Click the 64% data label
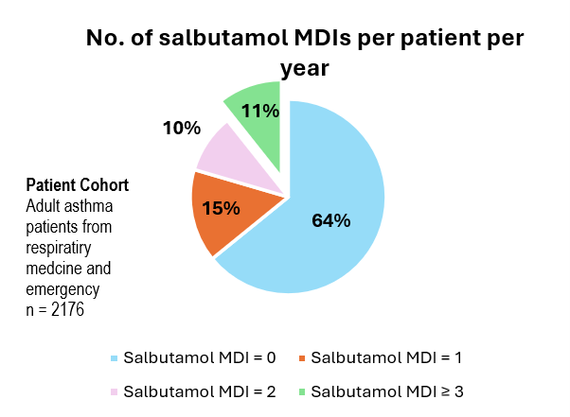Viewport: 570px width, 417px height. [331, 221]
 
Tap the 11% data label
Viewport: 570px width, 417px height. [259, 111]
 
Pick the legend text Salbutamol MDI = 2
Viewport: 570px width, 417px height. [199, 390]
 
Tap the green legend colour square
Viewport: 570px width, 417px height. [304, 391]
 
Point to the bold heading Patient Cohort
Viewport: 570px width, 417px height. [77, 183]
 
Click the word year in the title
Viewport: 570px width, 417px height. [305, 68]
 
